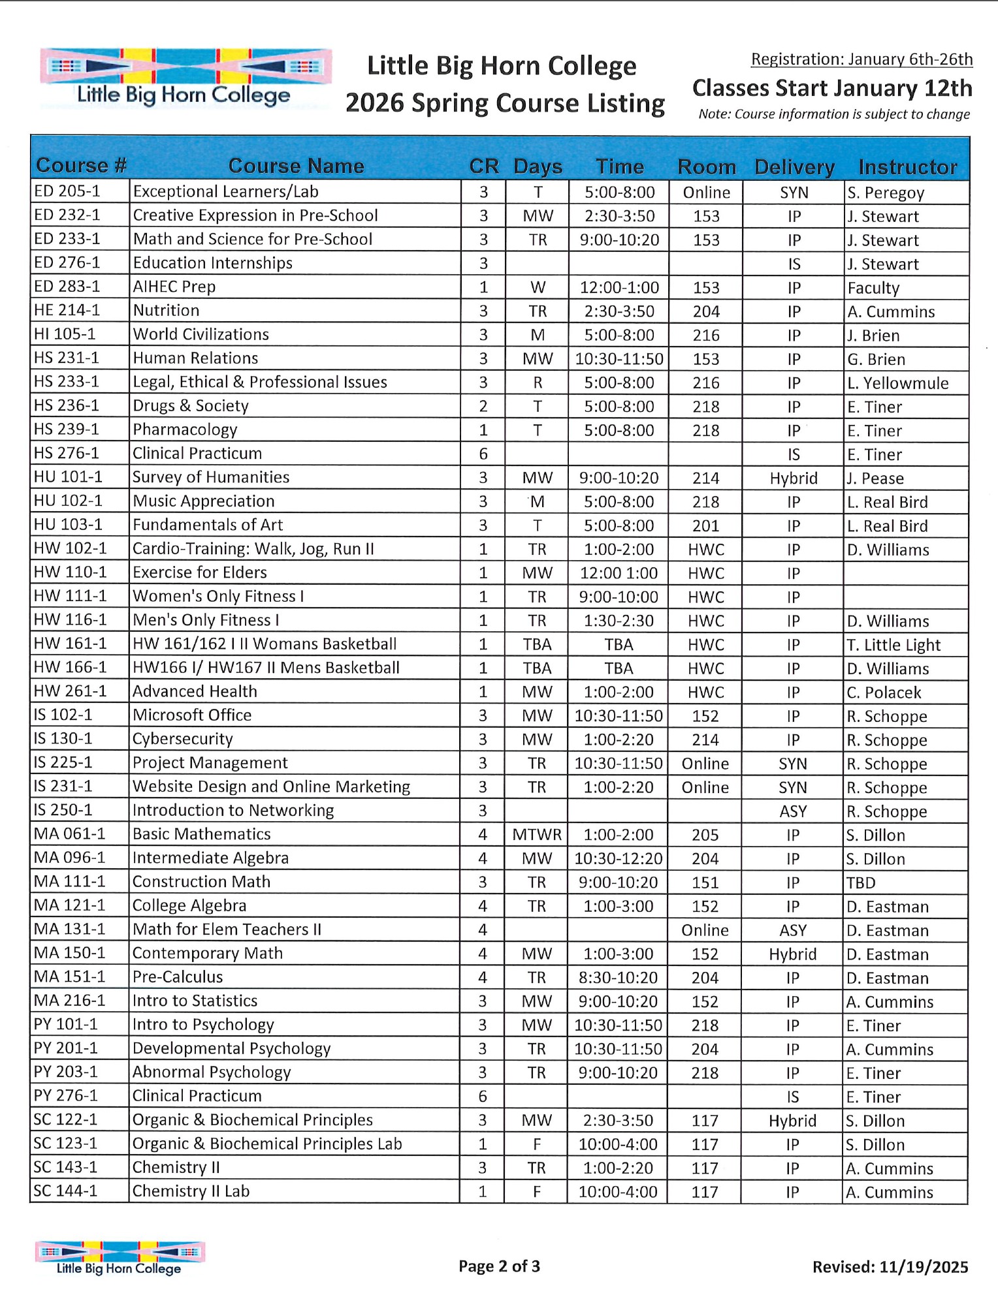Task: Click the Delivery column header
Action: [x=794, y=167]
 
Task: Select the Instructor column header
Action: [x=907, y=167]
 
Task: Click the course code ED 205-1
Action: [x=67, y=191]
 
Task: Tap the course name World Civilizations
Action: [x=201, y=334]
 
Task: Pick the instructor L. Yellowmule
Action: [x=897, y=383]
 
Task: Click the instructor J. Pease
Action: [x=875, y=478]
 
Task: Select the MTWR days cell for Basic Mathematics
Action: [x=537, y=835]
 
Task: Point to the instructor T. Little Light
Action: [x=893, y=645]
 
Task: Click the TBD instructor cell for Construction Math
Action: [x=861, y=882]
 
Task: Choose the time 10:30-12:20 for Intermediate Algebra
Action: [x=618, y=858]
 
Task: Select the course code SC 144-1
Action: [x=65, y=1191]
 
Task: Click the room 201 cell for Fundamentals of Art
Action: [x=705, y=526]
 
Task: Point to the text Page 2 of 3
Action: [x=499, y=1266]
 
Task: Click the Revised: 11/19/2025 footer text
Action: [x=890, y=1267]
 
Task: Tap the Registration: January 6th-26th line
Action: [x=861, y=59]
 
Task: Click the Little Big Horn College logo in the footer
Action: [x=120, y=1258]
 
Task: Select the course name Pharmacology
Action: [x=185, y=429]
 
